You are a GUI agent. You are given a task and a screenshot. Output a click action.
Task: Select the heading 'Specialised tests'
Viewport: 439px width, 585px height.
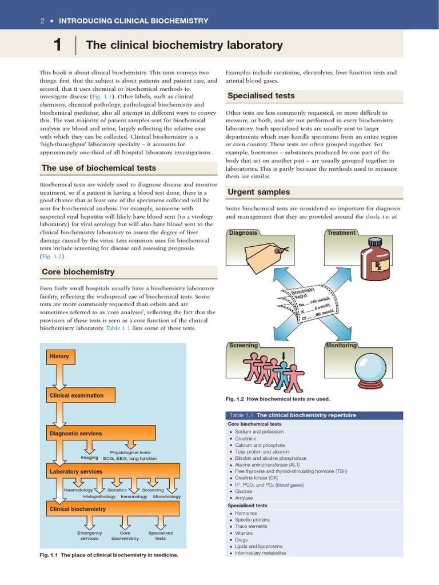(261, 96)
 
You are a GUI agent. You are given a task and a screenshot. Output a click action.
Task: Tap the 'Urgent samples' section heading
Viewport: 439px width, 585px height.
(258, 192)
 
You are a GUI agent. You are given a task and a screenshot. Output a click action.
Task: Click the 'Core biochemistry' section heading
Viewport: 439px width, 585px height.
(78, 272)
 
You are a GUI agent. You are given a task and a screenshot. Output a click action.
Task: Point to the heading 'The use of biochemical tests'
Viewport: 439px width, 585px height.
(98, 168)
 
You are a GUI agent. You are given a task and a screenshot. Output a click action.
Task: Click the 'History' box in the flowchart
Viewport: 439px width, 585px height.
(59, 356)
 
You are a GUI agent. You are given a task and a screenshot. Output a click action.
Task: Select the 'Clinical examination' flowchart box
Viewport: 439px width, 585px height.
(77, 395)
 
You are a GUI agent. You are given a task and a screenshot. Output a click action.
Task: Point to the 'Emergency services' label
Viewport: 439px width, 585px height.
(89, 535)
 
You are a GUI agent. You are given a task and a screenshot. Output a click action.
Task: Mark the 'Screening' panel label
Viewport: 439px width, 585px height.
(243, 346)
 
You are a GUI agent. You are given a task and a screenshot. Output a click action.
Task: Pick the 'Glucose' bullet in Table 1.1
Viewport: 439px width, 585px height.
(244, 491)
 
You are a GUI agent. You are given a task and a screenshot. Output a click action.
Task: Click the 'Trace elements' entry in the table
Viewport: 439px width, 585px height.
(251, 526)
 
